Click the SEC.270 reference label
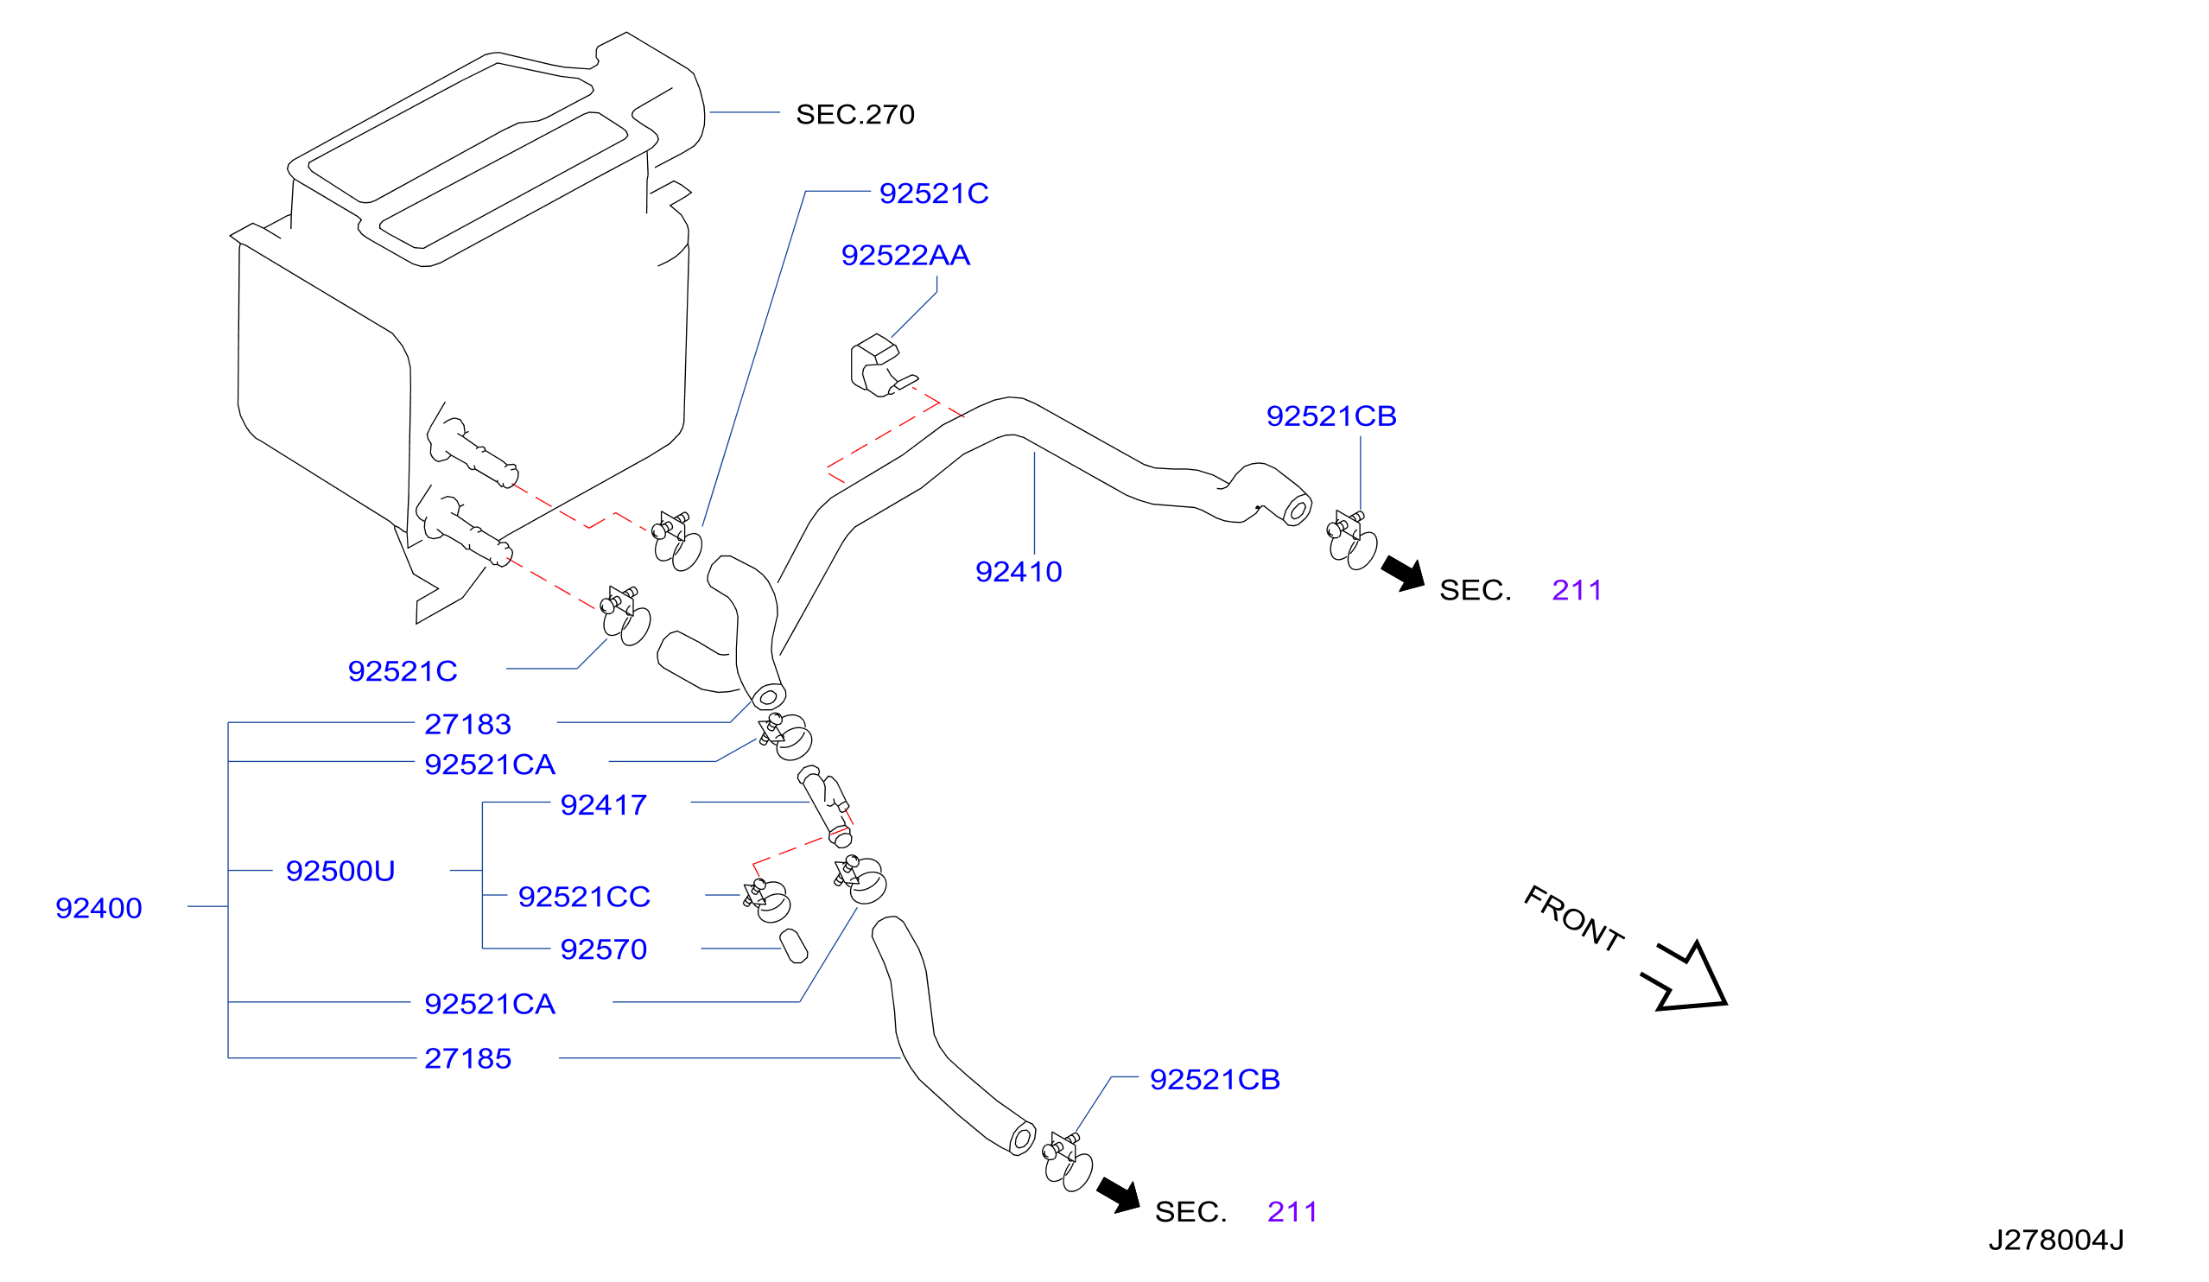click(854, 114)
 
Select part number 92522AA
click(905, 255)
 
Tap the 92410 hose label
click(1019, 571)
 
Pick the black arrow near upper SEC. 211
click(1405, 574)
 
